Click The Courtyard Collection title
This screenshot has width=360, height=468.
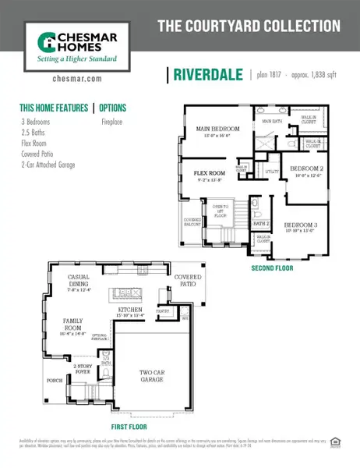(249, 26)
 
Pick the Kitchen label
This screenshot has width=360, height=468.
(130, 312)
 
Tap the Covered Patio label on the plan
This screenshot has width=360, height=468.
(188, 280)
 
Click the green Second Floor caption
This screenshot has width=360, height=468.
(273, 268)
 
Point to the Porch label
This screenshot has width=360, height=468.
(54, 381)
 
